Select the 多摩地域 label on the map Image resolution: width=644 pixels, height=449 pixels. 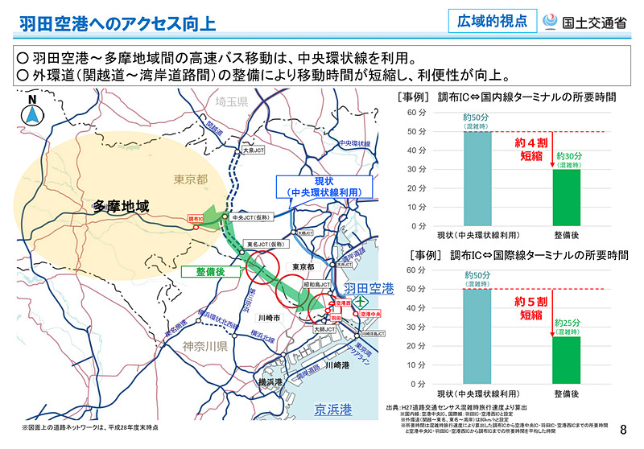coord(121,207)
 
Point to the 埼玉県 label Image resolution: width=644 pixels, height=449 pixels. coord(229,102)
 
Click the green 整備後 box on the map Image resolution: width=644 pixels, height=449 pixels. coord(208,272)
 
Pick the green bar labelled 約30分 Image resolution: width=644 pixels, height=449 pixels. coord(571,198)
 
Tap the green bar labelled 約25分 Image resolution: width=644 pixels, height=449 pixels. coord(571,360)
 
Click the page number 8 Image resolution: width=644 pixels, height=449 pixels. coord(623,431)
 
